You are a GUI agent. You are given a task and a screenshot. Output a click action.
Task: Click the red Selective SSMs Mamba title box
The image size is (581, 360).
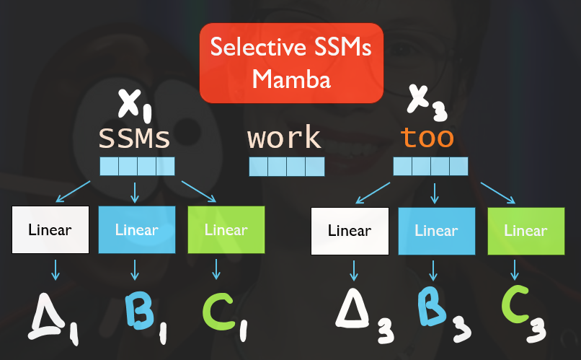click(291, 63)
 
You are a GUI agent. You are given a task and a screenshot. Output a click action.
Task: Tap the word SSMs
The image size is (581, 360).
click(134, 137)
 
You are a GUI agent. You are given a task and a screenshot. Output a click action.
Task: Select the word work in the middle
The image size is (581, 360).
click(284, 137)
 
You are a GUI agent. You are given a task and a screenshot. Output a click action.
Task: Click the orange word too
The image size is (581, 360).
click(427, 137)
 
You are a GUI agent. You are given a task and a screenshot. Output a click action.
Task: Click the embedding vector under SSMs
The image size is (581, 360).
click(137, 167)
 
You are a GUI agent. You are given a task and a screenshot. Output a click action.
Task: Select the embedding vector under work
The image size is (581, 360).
click(287, 167)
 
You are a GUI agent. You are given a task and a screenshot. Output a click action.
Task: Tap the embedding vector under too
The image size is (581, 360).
click(431, 167)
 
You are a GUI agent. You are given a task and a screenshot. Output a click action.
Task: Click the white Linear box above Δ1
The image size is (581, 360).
click(50, 230)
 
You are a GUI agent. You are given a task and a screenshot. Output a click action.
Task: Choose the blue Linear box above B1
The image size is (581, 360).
click(136, 230)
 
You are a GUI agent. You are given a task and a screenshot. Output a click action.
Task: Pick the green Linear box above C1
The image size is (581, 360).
click(226, 230)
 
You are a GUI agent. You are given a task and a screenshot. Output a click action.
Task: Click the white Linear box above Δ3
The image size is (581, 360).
click(349, 231)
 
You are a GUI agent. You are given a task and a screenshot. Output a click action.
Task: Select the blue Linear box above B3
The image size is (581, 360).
click(436, 231)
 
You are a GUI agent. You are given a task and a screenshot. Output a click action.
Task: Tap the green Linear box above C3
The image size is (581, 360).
click(525, 231)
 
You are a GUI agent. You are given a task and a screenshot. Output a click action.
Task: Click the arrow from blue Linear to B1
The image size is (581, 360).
click(135, 270)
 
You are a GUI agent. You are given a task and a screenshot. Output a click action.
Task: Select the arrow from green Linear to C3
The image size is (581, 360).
click(515, 270)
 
